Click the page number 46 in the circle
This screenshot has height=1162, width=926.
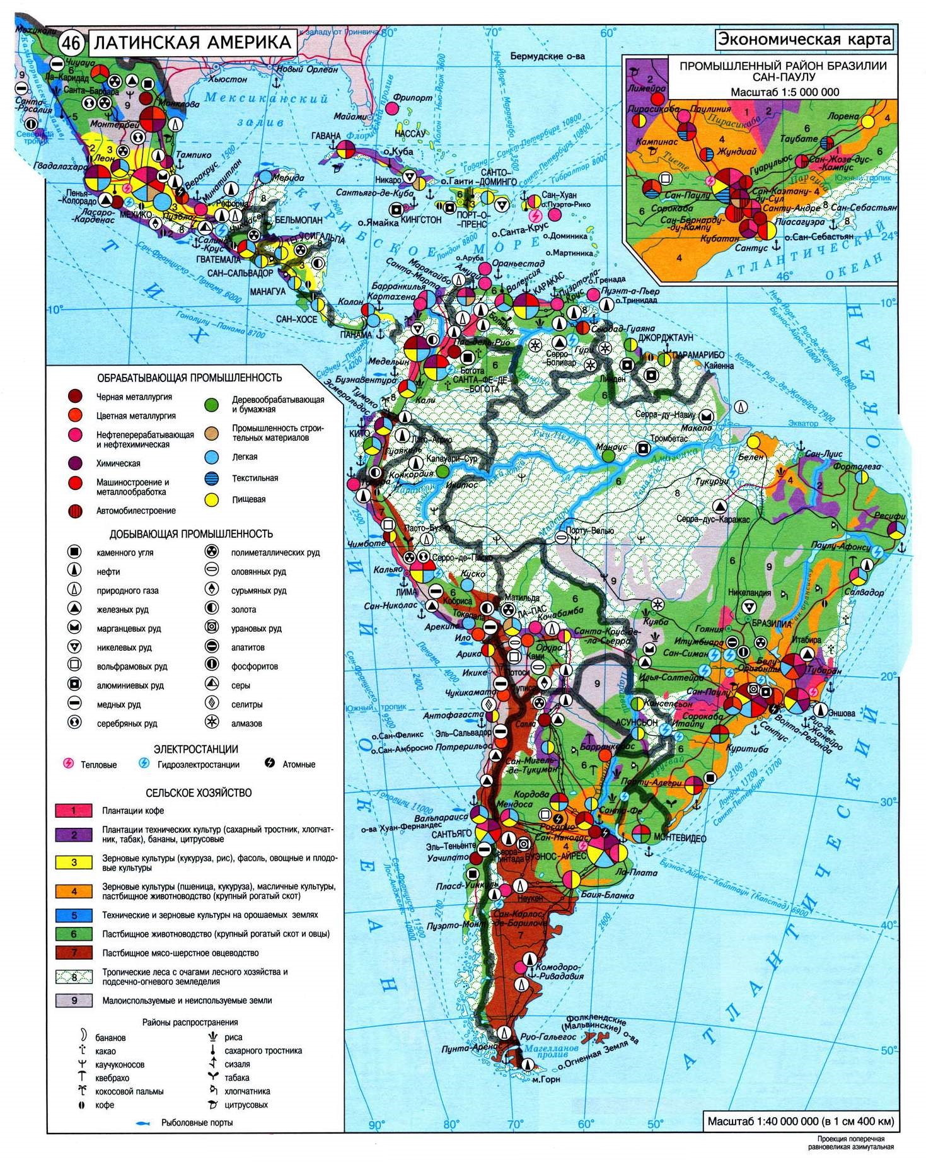coord(71,44)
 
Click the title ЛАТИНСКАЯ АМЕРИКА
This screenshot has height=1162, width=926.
coord(192,43)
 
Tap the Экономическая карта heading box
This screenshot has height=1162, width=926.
coord(805,40)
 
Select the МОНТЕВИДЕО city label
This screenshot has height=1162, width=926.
coord(680,839)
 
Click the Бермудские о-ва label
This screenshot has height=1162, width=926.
coord(547,56)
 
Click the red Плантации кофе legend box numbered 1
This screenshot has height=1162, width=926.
coord(73,811)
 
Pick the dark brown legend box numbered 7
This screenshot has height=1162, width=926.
coord(73,953)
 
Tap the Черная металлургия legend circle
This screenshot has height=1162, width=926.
coord(75,397)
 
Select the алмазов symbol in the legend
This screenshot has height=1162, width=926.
coord(212,723)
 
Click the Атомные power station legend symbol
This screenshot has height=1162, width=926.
coord(270,764)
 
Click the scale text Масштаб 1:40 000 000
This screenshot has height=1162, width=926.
coord(800,1121)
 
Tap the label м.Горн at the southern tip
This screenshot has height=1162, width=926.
coord(545,1079)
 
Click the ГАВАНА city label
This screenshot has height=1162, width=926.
coord(326,136)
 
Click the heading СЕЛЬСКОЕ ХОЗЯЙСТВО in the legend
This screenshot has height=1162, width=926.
coord(199,793)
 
